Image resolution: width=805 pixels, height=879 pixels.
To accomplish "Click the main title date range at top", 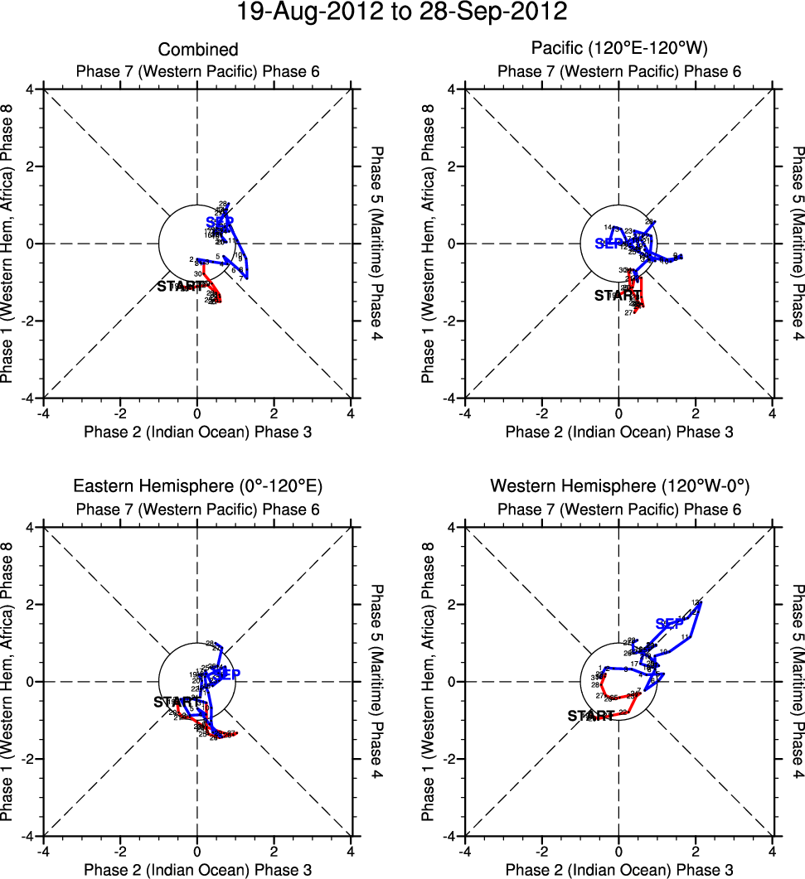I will point(402,12).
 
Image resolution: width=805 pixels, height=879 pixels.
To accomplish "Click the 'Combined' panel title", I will point(197,51).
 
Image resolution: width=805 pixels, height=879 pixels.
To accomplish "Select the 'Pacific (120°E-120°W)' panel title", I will point(619,51).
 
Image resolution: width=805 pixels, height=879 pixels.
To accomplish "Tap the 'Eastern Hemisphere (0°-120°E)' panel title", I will point(197,486).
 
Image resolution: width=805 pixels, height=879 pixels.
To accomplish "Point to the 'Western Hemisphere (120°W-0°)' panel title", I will point(618,486).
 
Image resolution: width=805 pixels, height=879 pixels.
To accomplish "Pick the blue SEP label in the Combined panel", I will point(220,222).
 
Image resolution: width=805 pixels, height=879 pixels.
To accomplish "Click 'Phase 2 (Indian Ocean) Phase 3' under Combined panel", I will point(197,432).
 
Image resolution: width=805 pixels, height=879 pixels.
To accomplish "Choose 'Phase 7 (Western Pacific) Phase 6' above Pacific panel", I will point(618,71).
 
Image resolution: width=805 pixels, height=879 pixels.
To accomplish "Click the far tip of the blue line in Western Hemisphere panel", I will point(701,602).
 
